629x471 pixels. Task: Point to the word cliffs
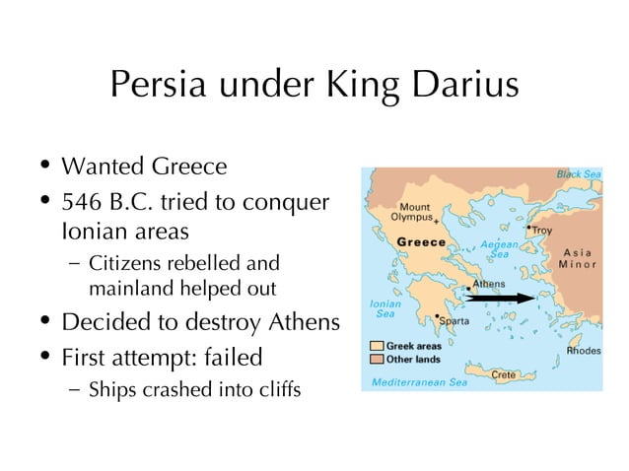coord(276,389)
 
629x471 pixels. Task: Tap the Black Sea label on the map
coord(579,173)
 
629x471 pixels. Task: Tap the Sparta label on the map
coord(454,320)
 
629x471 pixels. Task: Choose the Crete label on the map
coord(503,374)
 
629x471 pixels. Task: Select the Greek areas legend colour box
coord(377,347)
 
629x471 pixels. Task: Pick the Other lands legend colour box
coord(377,359)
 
